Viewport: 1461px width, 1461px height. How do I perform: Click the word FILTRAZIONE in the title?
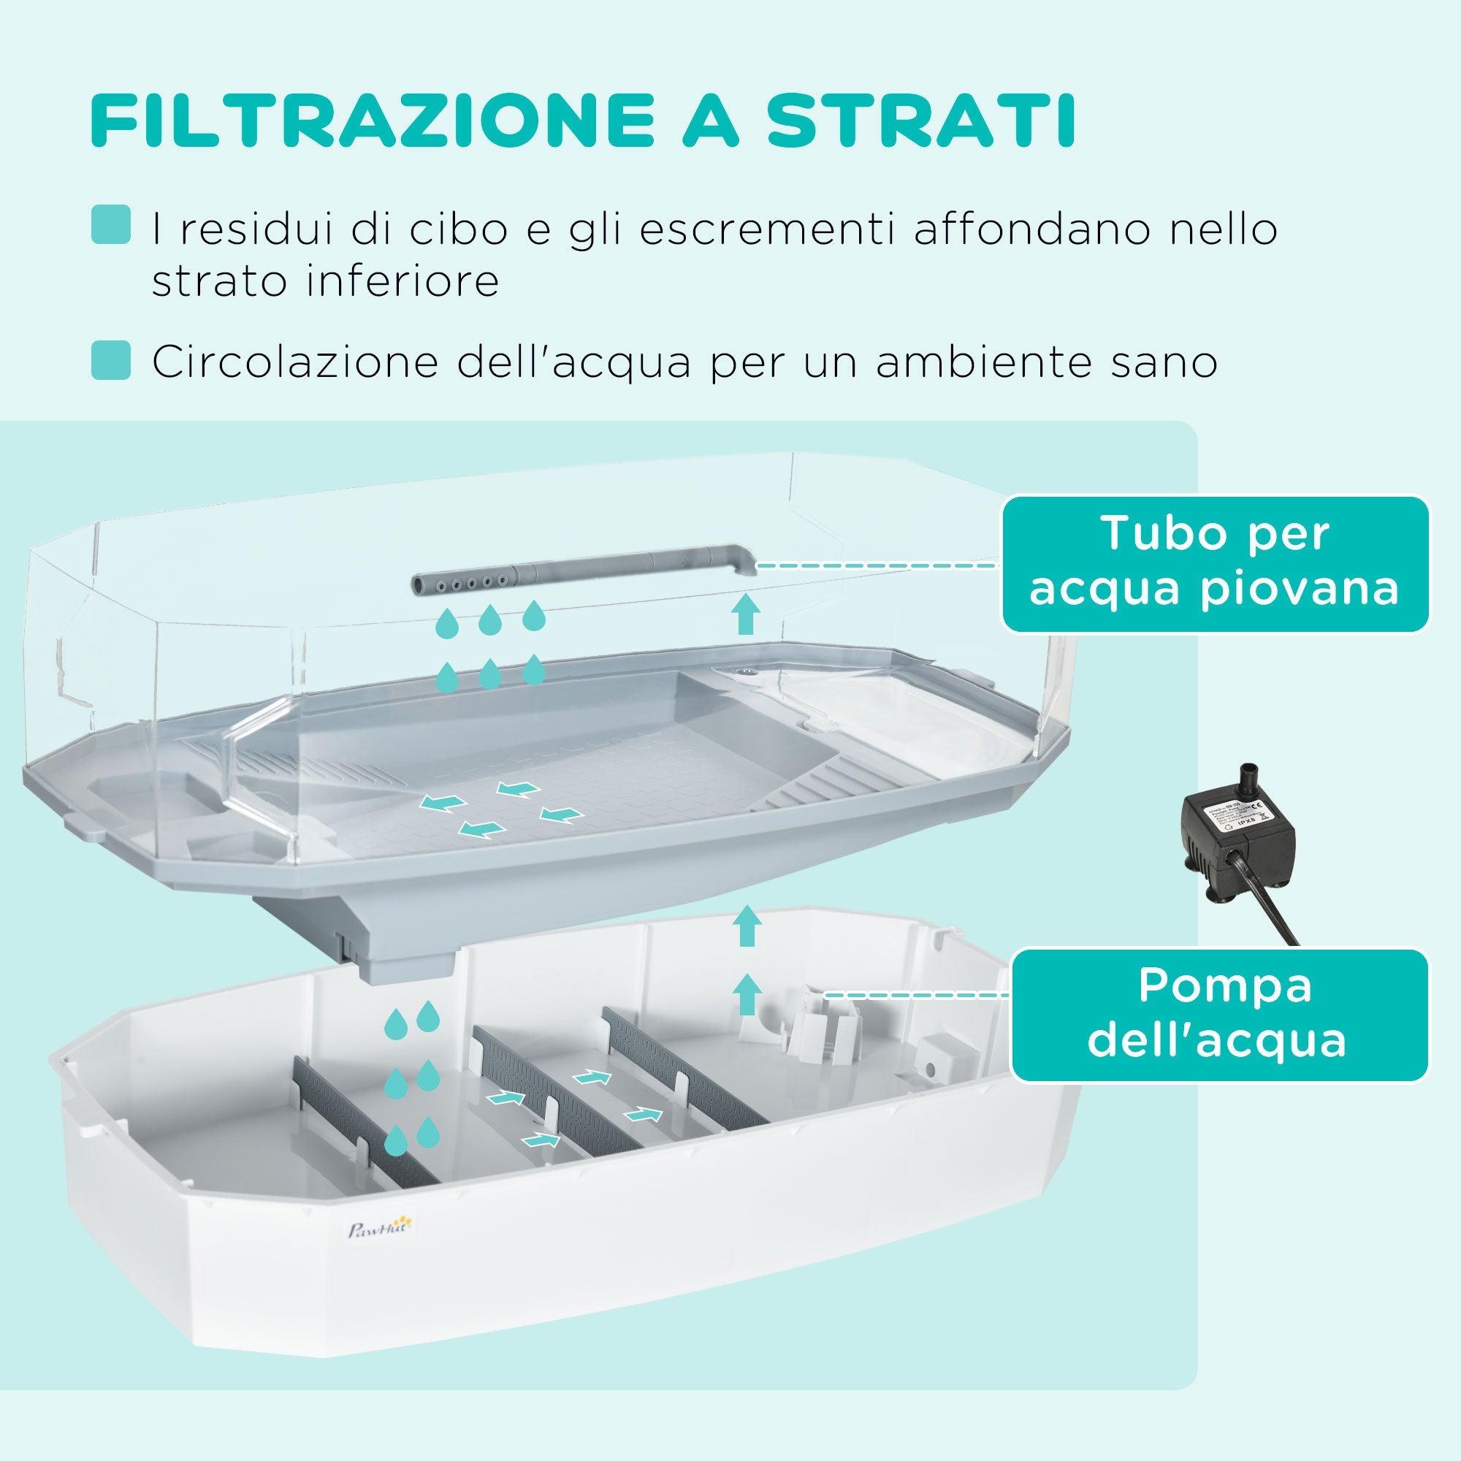pyautogui.click(x=370, y=121)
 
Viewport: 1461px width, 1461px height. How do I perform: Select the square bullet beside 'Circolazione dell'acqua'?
pyautogui.click(x=110, y=359)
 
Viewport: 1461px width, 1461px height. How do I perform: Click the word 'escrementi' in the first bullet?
pyautogui.click(x=771, y=229)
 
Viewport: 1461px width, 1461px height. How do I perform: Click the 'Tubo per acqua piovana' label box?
pyautogui.click(x=1215, y=563)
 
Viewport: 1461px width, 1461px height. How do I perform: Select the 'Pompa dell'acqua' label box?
pyautogui.click(x=1219, y=1015)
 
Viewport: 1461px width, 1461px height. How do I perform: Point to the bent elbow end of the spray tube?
pyautogui.click(x=741, y=560)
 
